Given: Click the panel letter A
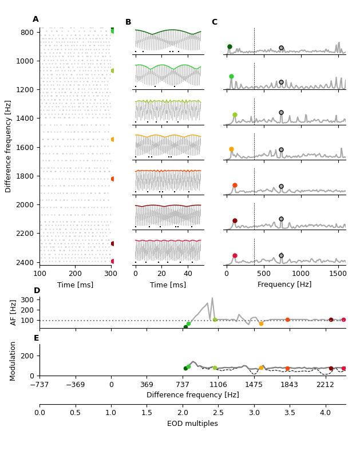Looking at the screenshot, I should (35, 19).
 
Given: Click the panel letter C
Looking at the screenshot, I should (215, 22).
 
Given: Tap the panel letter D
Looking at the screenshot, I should (37, 291).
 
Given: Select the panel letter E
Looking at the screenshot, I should (37, 338).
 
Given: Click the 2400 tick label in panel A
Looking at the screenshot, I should (27, 262).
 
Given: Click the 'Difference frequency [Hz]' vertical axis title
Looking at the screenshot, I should (9, 146).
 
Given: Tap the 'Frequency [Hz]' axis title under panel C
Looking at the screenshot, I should (284, 285).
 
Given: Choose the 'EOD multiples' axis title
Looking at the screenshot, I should (192, 424).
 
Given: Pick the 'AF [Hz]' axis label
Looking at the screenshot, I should (14, 312).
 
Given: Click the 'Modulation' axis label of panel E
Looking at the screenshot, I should (14, 360).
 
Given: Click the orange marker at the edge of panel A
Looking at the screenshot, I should (113, 139).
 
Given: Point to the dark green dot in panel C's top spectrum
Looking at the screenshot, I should (230, 47).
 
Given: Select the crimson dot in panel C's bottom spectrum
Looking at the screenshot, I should (235, 256).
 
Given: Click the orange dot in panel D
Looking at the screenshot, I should (261, 323).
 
